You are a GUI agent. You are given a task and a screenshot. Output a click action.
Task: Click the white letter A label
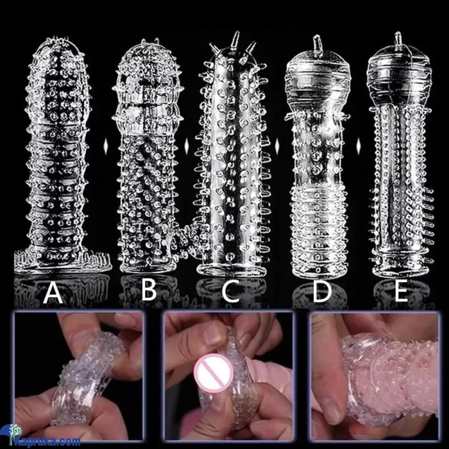click(x=53, y=292)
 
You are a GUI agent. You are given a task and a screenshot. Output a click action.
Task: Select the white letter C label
click(x=231, y=291)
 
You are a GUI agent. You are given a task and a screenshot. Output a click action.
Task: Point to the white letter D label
click(x=322, y=291)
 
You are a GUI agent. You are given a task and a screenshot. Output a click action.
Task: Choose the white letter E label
click(x=401, y=291)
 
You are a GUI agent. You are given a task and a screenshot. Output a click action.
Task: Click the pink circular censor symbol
click(x=212, y=373)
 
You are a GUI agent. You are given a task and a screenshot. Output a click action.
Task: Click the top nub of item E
click(x=398, y=39)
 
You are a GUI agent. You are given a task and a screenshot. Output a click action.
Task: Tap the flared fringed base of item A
click(x=62, y=261)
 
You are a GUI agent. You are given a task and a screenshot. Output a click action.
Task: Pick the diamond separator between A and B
click(x=106, y=146)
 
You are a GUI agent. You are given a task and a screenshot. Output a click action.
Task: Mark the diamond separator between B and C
click(x=187, y=146)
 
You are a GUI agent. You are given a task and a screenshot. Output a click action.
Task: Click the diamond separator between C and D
click(x=277, y=146)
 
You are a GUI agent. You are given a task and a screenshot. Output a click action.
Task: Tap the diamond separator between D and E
click(x=358, y=146)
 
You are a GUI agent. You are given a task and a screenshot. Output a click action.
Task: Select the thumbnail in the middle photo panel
click(x=212, y=334)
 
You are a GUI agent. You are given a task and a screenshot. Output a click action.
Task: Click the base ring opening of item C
click(x=231, y=270)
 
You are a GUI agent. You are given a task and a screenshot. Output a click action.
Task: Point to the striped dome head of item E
click(x=399, y=75)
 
